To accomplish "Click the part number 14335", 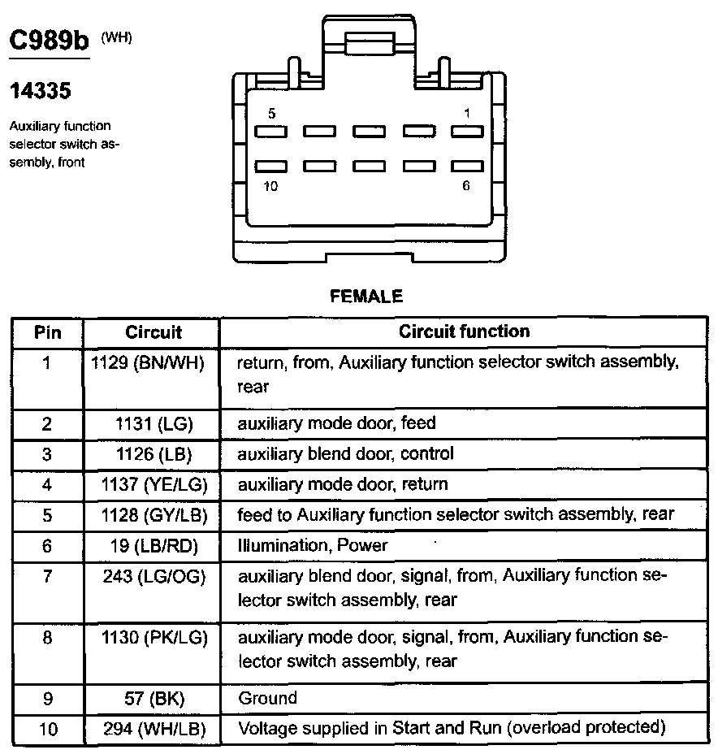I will (40, 91).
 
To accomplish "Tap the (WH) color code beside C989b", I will (115, 37).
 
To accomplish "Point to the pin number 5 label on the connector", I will (271, 114).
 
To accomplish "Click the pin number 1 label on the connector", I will (466, 114).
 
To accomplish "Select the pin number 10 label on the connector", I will (270, 185).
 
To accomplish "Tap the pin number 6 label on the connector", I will (466, 185).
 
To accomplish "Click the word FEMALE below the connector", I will (366, 297).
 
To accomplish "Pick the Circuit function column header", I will (464, 331).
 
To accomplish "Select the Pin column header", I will (47, 332).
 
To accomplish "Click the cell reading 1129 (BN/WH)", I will (153, 362).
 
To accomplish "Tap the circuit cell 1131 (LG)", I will (153, 423).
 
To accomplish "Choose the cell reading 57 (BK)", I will (153, 698).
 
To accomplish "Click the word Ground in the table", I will (267, 698).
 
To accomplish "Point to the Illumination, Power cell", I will (312, 545).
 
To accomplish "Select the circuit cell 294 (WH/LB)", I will (153, 728).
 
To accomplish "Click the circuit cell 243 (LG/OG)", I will (153, 576).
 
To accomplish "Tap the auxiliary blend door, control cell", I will (345, 453).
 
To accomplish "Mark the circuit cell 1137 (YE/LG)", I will (153, 484).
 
